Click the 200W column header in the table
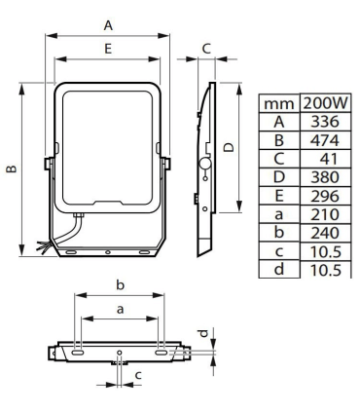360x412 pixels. tap(326, 103)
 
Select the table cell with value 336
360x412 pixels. tap(325, 122)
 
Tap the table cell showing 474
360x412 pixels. tap(325, 140)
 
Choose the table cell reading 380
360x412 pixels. tap(325, 177)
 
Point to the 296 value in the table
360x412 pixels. tap(325, 196)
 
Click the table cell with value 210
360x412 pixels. tap(325, 214)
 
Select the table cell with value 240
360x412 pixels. tap(325, 233)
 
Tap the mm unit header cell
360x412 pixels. tap(279, 104)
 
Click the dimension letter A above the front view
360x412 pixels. tap(108, 25)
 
